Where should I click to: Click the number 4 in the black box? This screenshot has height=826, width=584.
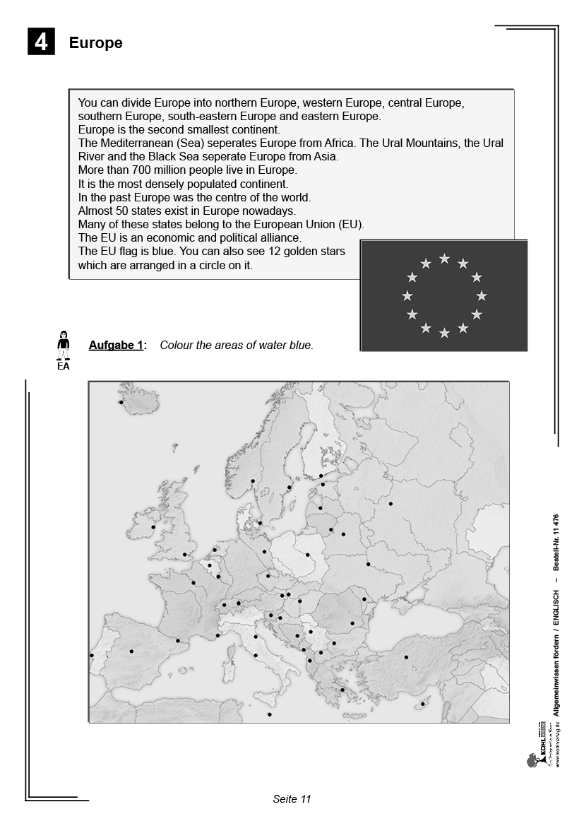[x=42, y=42]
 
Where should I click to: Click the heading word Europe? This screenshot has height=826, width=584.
[x=95, y=43]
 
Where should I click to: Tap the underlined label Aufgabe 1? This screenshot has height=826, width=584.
[x=117, y=346]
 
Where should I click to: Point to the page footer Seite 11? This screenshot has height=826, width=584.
[x=292, y=799]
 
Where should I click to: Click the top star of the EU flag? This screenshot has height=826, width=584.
[x=444, y=259]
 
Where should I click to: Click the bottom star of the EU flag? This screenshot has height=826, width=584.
[x=444, y=333]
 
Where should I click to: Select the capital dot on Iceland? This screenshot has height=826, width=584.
[x=121, y=403]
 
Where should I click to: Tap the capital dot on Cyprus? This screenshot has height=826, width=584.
[x=422, y=703]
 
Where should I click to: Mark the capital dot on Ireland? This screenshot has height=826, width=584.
[x=153, y=527]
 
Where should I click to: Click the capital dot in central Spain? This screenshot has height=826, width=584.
[x=131, y=651]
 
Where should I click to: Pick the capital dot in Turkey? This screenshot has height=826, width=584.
[x=406, y=657]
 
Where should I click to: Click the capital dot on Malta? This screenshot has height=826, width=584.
[x=270, y=714]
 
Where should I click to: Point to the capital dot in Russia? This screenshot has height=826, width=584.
[x=391, y=504]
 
